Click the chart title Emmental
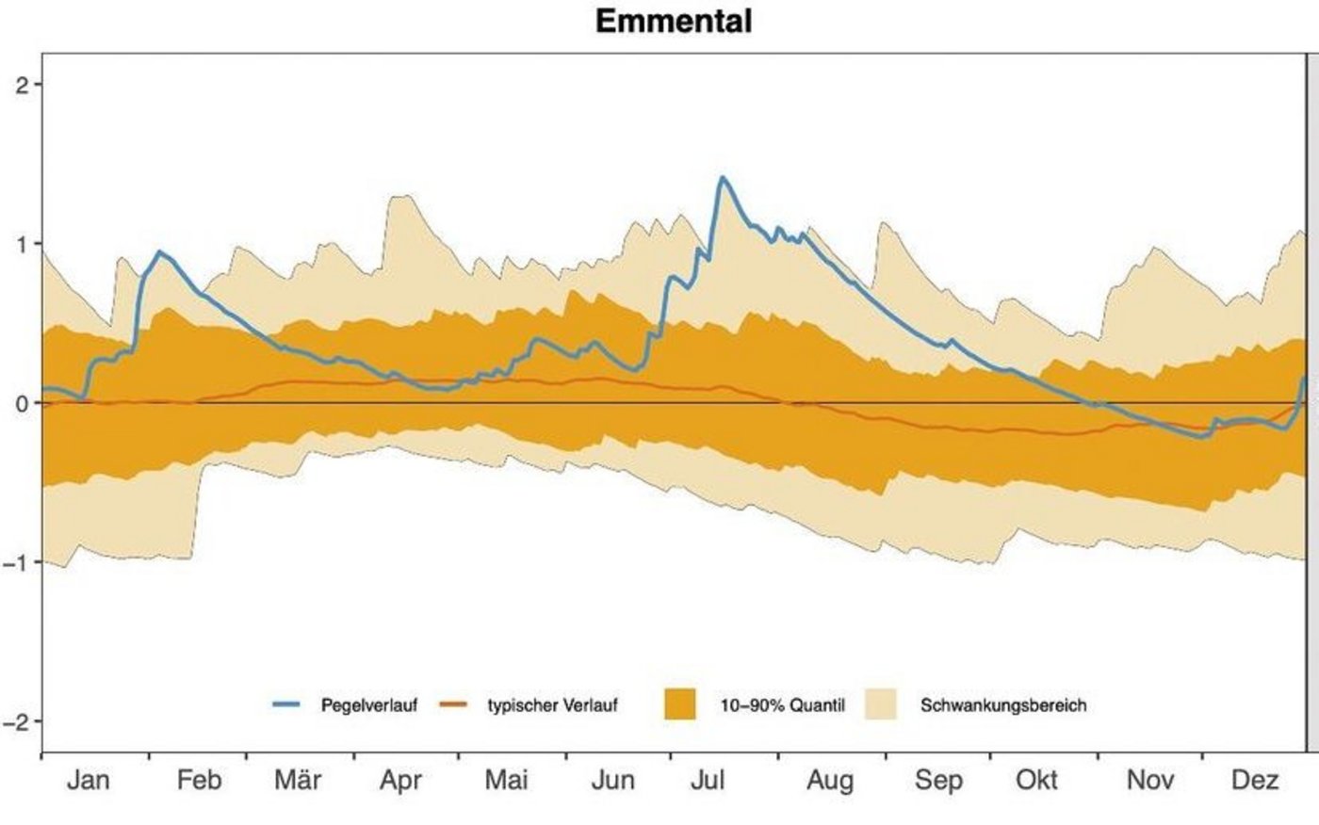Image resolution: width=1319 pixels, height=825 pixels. click(x=674, y=21)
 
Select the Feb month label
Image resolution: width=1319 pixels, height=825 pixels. click(x=199, y=780)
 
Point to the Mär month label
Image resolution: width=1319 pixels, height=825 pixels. click(x=298, y=780)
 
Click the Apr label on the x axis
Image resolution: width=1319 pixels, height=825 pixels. click(x=400, y=780)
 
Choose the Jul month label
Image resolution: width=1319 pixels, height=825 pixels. click(x=707, y=780)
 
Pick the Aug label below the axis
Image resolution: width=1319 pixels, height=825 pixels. click(x=830, y=780)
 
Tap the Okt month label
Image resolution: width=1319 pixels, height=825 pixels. click(x=1036, y=780)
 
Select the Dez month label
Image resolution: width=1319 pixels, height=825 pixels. click(x=1255, y=780)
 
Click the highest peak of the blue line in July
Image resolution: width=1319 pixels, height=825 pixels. click(x=722, y=177)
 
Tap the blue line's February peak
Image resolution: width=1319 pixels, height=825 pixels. click(x=159, y=251)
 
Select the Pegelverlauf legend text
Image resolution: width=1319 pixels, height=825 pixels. click(x=368, y=704)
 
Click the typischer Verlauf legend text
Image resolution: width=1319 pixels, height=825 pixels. click(x=552, y=704)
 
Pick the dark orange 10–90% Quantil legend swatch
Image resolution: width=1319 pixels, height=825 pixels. click(x=679, y=704)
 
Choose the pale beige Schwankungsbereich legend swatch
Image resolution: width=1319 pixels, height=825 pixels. click(x=880, y=704)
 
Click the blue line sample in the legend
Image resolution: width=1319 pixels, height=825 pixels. click(x=287, y=704)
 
